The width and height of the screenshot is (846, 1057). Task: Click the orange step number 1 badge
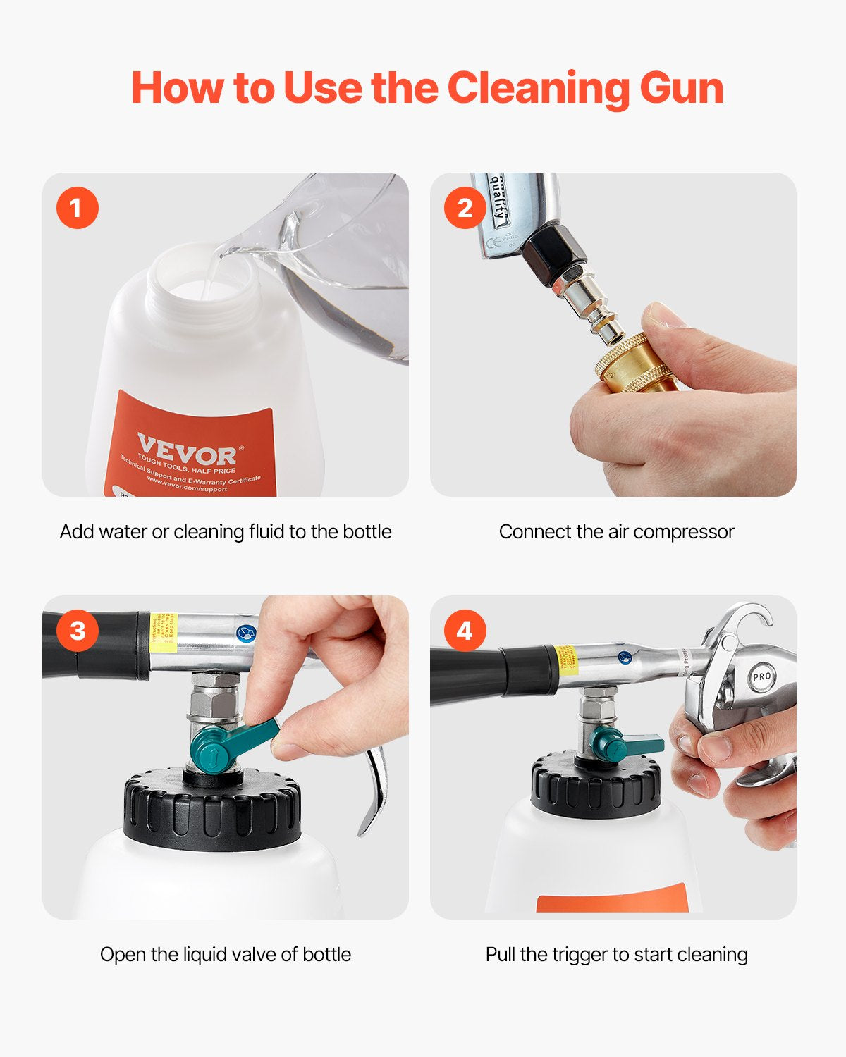[x=78, y=208]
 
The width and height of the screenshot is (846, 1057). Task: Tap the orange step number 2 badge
[x=465, y=208]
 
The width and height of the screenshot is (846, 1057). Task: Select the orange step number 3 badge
[x=78, y=630]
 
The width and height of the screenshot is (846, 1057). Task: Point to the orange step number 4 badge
[x=465, y=630]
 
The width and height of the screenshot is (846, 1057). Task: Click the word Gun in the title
[x=681, y=89]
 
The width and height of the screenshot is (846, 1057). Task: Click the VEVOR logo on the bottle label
[x=187, y=450]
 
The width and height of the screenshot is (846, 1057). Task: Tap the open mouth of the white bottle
[x=201, y=282]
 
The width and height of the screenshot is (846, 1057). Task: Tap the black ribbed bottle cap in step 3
[x=211, y=810]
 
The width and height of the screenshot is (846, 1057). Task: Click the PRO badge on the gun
[x=761, y=676]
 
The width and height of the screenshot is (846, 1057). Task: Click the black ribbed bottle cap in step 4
[x=596, y=786]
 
